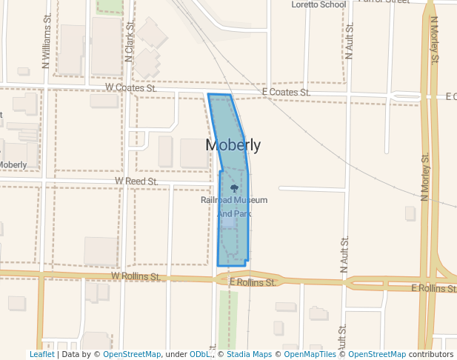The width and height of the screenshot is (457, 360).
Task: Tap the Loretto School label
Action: click(x=318, y=4)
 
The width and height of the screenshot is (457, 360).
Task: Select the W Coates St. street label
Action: click(x=131, y=87)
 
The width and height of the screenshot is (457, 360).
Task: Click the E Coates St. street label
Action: click(x=285, y=93)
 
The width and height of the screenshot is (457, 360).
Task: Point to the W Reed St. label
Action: click(x=136, y=181)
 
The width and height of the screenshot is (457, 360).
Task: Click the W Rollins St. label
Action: click(x=136, y=276)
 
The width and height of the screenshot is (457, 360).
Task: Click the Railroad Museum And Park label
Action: click(x=234, y=207)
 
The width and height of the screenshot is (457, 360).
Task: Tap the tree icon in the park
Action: click(x=235, y=188)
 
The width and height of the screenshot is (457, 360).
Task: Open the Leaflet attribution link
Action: click(x=41, y=354)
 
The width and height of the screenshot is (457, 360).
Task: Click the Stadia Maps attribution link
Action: click(x=247, y=354)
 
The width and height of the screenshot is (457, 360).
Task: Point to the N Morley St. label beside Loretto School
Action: click(x=433, y=41)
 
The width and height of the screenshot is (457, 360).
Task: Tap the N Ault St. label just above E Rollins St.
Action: click(x=344, y=255)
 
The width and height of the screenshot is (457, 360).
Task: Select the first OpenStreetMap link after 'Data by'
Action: click(x=132, y=354)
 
